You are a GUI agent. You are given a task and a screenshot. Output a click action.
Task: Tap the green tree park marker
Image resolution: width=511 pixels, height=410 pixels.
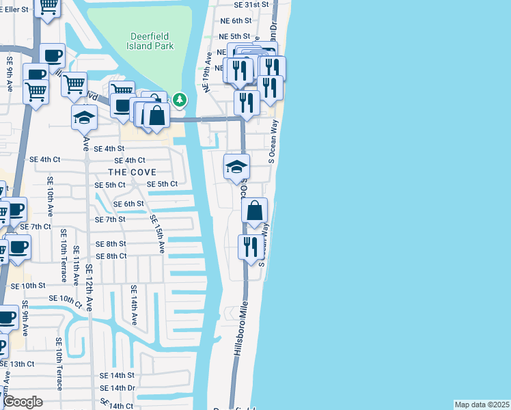(180, 100)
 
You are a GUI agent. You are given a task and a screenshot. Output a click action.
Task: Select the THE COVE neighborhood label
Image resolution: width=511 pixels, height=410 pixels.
(132, 172)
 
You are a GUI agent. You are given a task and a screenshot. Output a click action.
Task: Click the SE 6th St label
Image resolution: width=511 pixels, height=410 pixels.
(128, 204)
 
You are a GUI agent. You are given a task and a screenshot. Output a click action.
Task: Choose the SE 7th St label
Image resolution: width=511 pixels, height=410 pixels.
(110, 219)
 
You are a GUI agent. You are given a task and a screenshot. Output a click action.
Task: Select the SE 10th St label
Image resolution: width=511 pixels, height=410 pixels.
(27, 285)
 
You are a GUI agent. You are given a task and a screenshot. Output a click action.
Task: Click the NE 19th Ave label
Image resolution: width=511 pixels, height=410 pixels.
(206, 71)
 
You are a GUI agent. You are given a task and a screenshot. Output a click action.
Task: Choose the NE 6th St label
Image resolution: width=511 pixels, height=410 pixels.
(236, 21)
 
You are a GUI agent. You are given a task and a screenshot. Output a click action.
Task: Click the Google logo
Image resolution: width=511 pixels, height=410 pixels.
(23, 401)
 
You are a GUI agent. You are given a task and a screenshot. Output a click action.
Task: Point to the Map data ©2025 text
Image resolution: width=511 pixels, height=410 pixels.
(482, 405)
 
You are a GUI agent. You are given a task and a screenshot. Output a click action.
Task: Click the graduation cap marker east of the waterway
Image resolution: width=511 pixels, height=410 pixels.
(237, 166)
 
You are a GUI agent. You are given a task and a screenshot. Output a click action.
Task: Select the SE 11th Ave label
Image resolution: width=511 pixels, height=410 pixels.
(75, 271)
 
